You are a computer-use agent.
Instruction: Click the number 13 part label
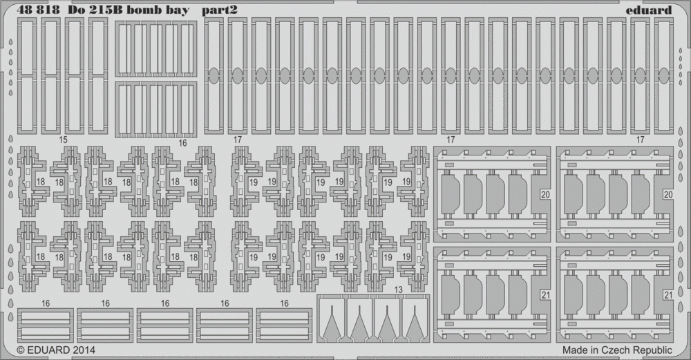(399, 290)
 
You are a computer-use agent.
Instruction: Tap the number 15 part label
(63, 140)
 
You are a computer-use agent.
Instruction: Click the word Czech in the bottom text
(617, 350)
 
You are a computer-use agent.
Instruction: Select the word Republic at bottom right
(653, 351)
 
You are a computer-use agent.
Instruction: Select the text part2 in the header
(220, 10)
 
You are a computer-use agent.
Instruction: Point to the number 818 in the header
(48, 10)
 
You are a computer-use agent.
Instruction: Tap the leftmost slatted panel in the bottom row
(46, 325)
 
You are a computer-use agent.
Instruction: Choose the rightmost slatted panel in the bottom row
(284, 325)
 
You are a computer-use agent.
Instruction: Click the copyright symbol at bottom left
(21, 351)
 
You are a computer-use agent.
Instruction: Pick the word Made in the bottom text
(574, 350)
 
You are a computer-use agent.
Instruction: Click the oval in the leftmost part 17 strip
(214, 76)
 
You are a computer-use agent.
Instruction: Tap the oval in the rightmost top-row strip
(663, 76)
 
